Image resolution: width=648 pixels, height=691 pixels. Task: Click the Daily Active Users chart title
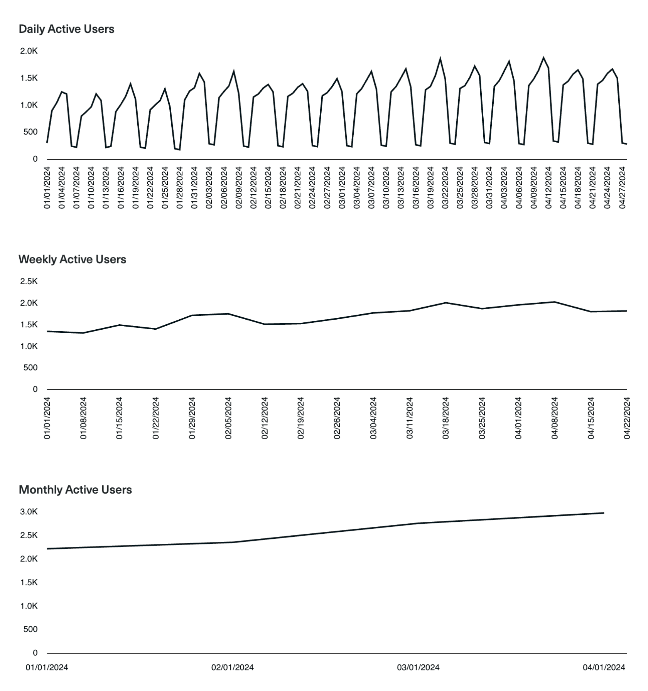(x=66, y=29)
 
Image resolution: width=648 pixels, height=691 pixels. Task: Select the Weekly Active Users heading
(x=72, y=260)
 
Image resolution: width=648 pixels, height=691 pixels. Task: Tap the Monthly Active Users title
(x=75, y=490)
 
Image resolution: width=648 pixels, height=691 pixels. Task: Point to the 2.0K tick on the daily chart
(x=29, y=51)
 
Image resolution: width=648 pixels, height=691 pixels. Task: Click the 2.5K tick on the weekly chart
(x=29, y=281)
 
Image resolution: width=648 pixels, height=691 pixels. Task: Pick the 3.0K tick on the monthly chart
(x=29, y=512)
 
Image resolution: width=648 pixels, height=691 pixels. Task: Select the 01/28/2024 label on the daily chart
(x=180, y=188)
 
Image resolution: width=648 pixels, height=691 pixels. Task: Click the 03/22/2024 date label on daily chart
(x=445, y=188)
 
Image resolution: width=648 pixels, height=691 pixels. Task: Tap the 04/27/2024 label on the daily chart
(x=622, y=188)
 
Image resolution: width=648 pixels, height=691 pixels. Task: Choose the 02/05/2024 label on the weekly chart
(x=228, y=418)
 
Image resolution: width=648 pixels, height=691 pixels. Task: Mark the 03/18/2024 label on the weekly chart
(x=445, y=418)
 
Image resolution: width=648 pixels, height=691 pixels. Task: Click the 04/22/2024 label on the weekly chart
(x=627, y=418)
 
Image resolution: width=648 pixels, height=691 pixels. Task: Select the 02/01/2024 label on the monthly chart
(x=233, y=667)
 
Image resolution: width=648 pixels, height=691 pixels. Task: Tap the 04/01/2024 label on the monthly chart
(x=604, y=667)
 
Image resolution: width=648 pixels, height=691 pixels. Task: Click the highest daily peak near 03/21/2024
(x=440, y=59)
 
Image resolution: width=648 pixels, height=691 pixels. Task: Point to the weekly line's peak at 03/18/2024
(x=445, y=303)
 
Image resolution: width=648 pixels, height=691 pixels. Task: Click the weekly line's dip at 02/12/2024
(x=265, y=324)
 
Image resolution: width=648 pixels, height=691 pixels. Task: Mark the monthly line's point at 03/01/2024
(x=418, y=523)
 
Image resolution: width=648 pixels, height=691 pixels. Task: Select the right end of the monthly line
(x=603, y=513)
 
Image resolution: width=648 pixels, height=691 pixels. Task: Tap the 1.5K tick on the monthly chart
(x=29, y=582)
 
